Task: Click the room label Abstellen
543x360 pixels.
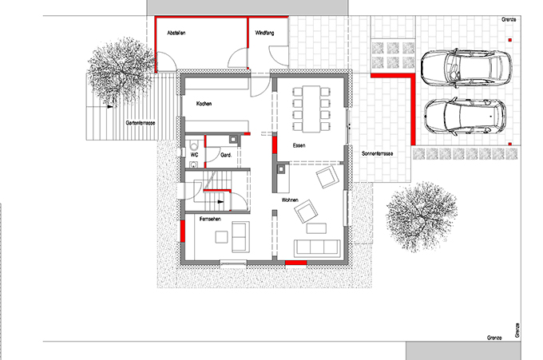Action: click(x=176, y=33)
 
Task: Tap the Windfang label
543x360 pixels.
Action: click(x=264, y=33)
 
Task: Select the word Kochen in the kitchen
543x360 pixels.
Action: click(x=204, y=104)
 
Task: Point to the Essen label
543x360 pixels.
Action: click(x=299, y=145)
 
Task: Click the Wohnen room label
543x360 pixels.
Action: click(x=290, y=200)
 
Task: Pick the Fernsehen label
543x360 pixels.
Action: click(x=210, y=220)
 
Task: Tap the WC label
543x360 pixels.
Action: click(x=195, y=155)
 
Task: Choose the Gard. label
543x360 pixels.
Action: click(x=226, y=155)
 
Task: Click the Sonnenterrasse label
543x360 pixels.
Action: click(x=377, y=153)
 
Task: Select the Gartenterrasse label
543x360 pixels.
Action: click(x=141, y=123)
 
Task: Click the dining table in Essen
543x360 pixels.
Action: click(x=311, y=109)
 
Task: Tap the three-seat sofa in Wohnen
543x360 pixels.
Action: click(x=316, y=247)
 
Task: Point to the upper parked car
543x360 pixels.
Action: click(x=466, y=68)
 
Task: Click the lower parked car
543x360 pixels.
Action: click(x=465, y=116)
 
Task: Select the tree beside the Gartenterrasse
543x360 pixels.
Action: click(x=121, y=71)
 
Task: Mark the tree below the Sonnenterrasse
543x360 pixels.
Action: click(x=422, y=216)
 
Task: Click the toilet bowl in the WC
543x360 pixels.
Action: click(x=194, y=145)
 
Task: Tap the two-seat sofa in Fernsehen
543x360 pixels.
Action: click(x=240, y=237)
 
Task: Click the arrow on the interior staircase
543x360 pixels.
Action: click(x=220, y=201)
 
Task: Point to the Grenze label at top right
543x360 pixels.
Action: click(x=509, y=20)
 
